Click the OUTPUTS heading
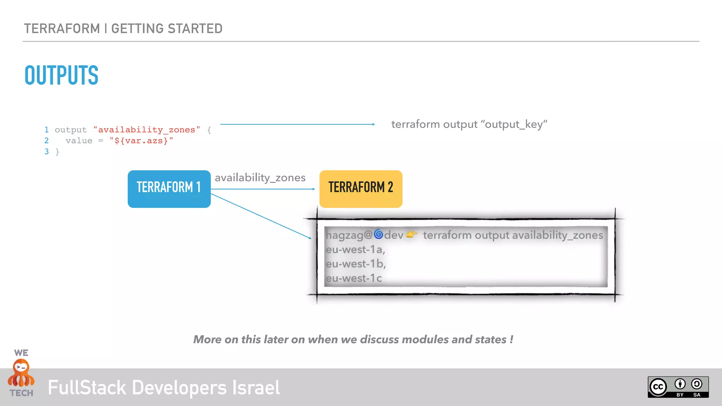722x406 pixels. [61, 75]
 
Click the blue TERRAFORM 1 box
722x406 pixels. [169, 189]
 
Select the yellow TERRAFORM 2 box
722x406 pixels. [361, 189]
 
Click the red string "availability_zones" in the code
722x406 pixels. [147, 130]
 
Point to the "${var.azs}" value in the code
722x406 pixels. [141, 141]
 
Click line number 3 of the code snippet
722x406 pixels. [47, 152]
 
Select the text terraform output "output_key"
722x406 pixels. [469, 124]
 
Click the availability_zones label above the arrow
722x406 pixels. [260, 177]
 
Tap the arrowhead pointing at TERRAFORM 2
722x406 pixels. [313, 189]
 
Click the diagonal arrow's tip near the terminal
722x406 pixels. [310, 238]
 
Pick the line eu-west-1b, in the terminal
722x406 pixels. [355, 264]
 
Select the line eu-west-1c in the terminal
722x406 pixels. [354, 278]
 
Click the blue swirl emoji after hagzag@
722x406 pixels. [378, 234]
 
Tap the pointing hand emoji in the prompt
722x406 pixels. [412, 234]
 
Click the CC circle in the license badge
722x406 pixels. [658, 387]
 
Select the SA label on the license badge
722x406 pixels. [697, 395]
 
